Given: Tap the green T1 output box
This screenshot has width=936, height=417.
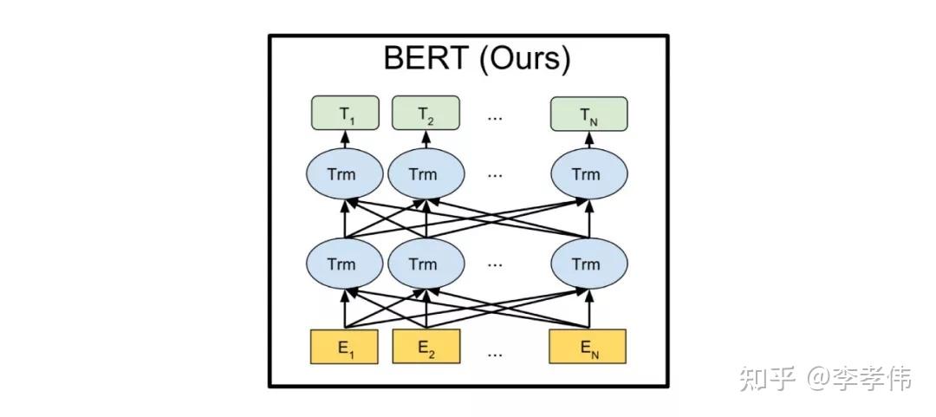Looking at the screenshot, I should [x=345, y=114].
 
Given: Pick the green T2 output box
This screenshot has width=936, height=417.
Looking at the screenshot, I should [x=425, y=114].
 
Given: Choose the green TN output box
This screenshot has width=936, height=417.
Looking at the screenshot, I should [x=588, y=114].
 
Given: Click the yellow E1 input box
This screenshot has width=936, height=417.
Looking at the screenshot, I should [x=345, y=348].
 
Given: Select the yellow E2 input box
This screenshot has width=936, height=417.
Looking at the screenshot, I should [x=425, y=348].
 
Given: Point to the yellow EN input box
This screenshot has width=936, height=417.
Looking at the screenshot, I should [x=588, y=348].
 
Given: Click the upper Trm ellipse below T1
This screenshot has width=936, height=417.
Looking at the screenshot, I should [x=344, y=174].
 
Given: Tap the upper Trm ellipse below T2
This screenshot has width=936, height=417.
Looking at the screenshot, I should [x=423, y=174].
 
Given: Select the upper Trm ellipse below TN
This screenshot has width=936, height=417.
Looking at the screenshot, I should [x=588, y=174].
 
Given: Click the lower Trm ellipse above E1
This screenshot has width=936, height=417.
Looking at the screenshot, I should [x=344, y=264].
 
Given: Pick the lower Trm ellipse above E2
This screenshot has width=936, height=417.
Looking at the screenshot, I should [x=423, y=264].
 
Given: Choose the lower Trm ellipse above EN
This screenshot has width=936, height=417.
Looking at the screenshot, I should [x=588, y=264].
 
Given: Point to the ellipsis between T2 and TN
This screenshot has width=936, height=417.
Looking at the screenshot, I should [x=495, y=117].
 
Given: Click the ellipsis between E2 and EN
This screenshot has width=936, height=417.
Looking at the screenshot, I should [x=495, y=352].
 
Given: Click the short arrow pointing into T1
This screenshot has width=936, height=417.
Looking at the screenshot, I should [x=345, y=140].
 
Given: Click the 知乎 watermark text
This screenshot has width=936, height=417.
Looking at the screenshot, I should [x=767, y=378].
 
